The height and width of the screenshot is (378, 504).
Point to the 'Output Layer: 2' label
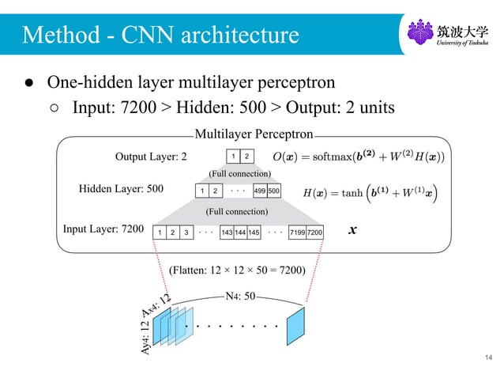click(x=151, y=156)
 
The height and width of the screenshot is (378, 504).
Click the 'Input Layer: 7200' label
click(x=103, y=230)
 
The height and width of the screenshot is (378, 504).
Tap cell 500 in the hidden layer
click(x=273, y=191)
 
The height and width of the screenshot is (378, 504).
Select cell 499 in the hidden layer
click(x=259, y=191)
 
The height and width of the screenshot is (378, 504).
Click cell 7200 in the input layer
click(x=315, y=232)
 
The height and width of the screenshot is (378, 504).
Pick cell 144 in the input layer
click(x=240, y=232)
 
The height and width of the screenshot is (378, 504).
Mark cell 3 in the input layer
click(x=185, y=232)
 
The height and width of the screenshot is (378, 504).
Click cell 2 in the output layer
click(x=247, y=156)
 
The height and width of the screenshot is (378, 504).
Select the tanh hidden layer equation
click(x=371, y=191)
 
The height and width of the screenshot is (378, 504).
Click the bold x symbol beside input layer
click(x=352, y=231)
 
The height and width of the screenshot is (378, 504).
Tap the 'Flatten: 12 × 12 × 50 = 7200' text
click(x=237, y=270)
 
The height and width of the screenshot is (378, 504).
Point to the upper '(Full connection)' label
click(x=239, y=172)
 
